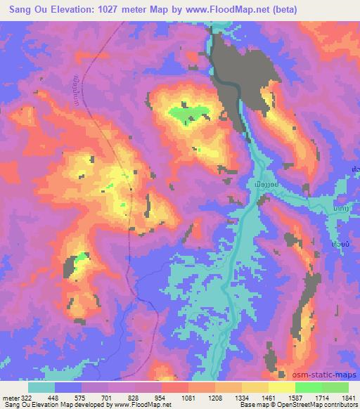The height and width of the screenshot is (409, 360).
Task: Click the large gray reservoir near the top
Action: point(229,70)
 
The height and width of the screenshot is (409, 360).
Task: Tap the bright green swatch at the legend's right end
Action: point(335,387)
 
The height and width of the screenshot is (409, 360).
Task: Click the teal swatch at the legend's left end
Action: point(41,387)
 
